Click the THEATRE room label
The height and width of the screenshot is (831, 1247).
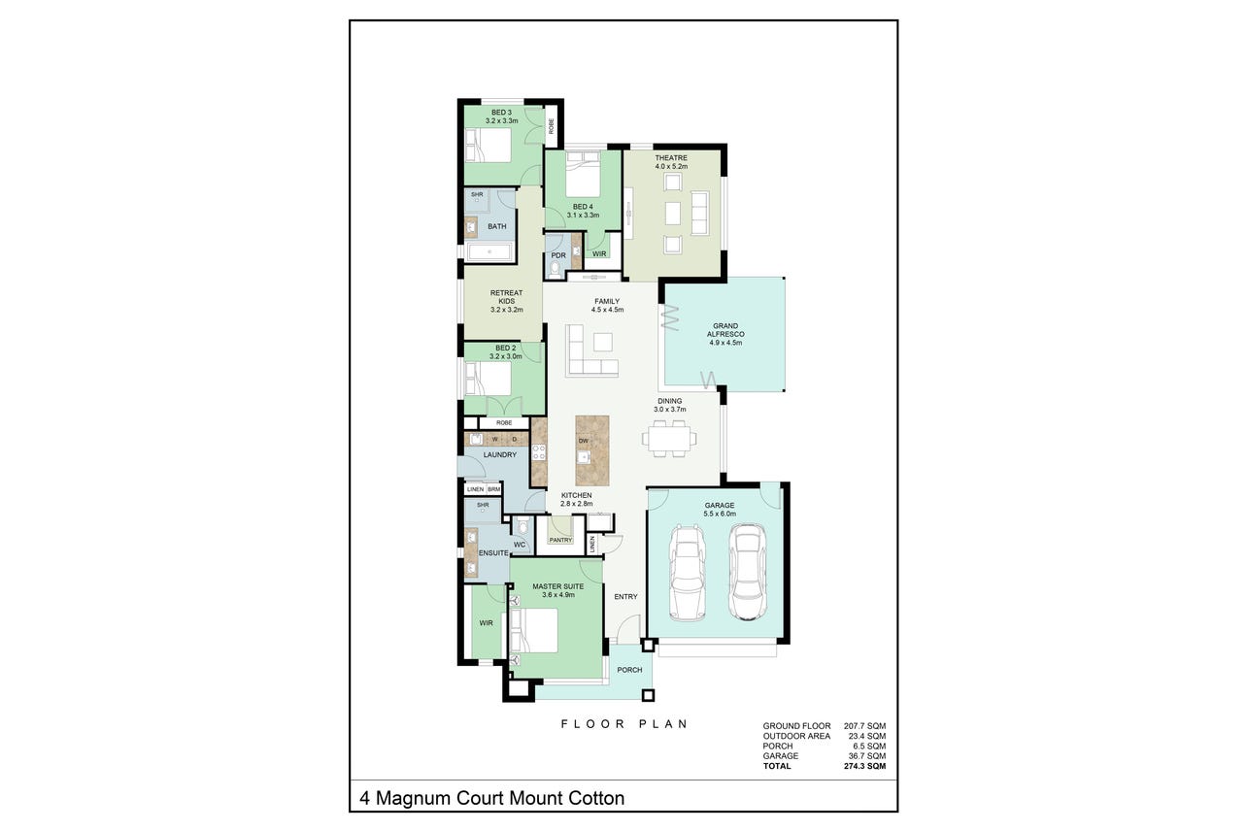[671, 158]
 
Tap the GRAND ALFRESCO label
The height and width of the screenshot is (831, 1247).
[725, 330]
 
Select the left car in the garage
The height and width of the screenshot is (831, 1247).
[687, 573]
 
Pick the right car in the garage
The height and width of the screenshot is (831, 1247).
[747, 572]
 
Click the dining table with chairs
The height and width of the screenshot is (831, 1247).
[669, 439]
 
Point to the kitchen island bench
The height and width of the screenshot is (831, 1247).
[591, 450]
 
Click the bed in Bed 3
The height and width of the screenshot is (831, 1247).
[488, 146]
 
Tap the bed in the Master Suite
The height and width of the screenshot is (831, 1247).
[534, 631]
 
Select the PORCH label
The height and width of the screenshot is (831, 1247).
[629, 670]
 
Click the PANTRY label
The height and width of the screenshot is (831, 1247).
[560, 540]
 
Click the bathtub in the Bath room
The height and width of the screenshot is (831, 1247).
[489, 252]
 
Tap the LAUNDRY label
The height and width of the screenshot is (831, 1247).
[500, 454]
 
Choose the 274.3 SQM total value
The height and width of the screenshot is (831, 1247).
[864, 766]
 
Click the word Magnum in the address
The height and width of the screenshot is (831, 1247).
[413, 799]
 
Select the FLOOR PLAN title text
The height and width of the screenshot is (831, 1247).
[624, 724]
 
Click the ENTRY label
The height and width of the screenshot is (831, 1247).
[625, 597]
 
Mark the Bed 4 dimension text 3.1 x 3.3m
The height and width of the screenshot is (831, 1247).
[583, 215]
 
